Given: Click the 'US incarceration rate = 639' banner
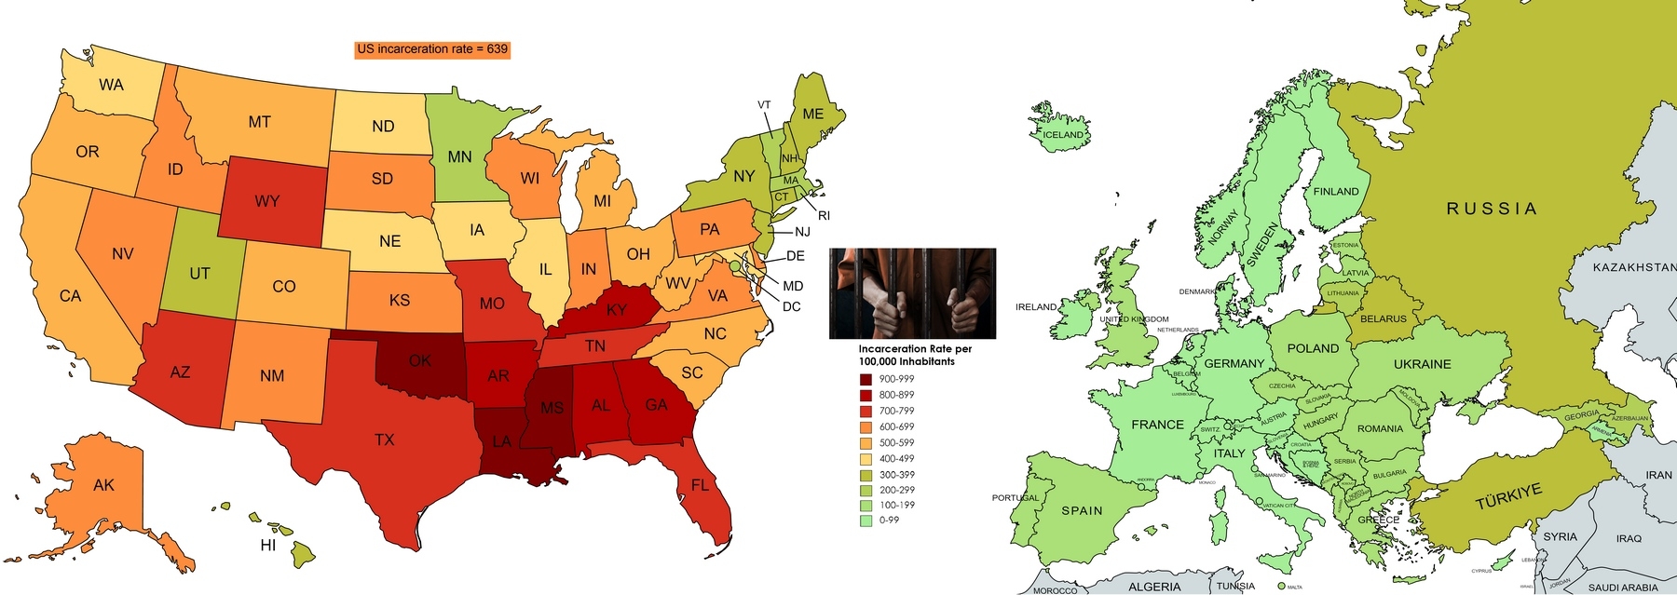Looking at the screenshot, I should point(432,49).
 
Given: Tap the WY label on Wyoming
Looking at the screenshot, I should point(267,201).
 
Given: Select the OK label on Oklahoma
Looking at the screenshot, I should point(420,360).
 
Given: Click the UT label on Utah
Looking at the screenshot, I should point(199,274).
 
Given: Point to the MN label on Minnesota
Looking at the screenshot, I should point(460,157).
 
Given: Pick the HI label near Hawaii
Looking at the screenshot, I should point(268,546).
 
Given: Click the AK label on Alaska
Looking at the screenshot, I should point(104,485).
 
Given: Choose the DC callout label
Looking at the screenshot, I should point(791,307).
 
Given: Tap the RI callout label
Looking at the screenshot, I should point(824,216).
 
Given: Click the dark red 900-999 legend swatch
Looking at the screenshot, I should point(866,380).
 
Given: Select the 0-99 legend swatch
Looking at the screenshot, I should point(866,521).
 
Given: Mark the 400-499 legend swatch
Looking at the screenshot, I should point(866,458).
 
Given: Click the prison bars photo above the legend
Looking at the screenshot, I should point(912,293).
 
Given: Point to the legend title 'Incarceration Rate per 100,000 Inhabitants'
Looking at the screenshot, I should point(914,355).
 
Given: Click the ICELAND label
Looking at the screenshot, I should point(1063,135).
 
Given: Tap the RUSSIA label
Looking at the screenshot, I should point(1491,209).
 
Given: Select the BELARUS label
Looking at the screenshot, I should point(1384,319).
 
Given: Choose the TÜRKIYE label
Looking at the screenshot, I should point(1508,496).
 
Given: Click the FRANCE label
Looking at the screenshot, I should point(1157,425).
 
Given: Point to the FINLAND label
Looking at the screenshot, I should point(1336,192).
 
